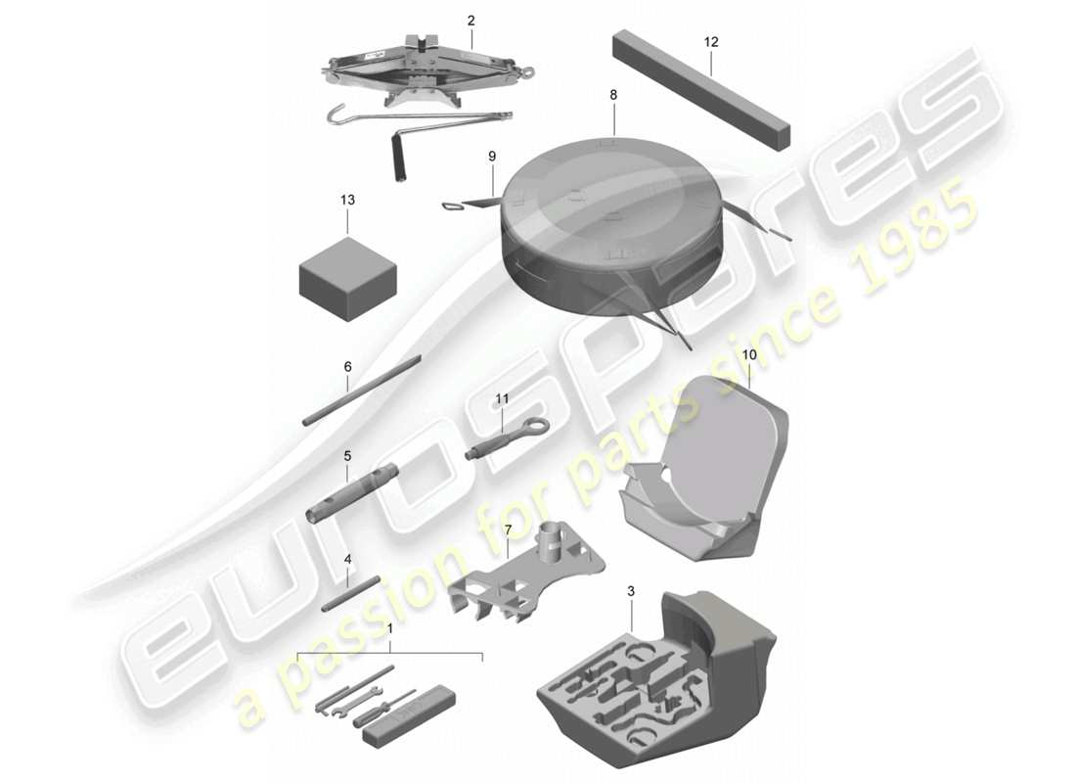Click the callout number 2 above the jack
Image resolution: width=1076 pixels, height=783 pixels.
471,20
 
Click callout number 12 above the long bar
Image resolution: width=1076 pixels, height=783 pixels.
710,42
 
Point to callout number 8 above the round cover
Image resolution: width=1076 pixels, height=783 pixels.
613,95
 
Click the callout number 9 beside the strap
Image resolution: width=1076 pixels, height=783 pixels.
492,156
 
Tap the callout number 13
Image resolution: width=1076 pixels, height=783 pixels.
347,200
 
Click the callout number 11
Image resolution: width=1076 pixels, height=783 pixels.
503,399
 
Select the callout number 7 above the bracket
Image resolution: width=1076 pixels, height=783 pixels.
508,530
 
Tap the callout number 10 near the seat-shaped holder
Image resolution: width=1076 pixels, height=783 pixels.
749,353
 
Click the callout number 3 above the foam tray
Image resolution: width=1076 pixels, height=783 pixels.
631,591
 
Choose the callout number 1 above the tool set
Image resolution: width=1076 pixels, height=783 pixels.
390,629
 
